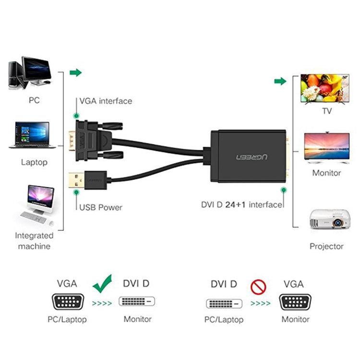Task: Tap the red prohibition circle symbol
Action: (258, 287)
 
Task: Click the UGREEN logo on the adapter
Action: (251, 156)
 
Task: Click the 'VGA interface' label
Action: (105, 101)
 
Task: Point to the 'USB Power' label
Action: (100, 207)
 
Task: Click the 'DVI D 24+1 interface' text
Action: (241, 205)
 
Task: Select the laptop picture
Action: (33, 135)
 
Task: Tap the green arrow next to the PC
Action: (75, 73)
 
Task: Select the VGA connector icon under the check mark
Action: (67, 302)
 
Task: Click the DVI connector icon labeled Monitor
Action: (137, 303)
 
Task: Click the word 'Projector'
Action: (326, 246)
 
